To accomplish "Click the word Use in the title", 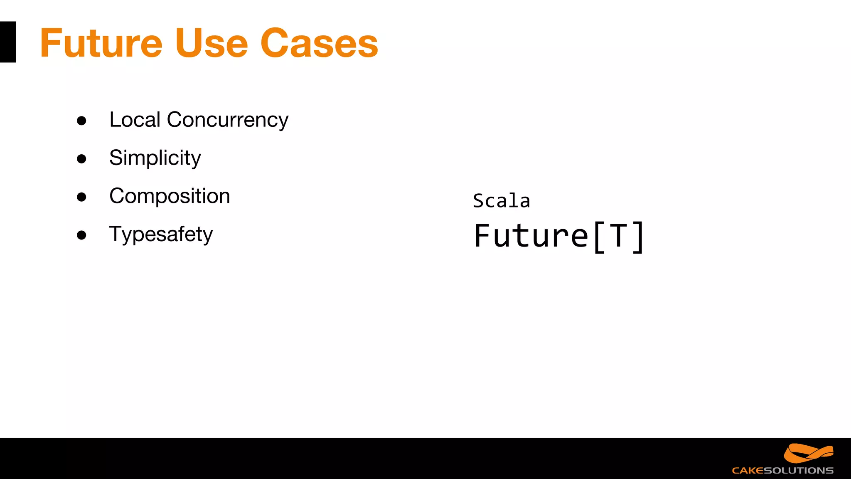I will [212, 43].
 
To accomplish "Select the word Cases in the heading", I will [319, 43].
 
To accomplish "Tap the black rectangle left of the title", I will [8, 42].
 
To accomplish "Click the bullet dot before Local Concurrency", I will [81, 121].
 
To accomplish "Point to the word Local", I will [135, 120].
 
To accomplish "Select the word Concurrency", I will [227, 121].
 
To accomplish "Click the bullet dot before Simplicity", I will [81, 159].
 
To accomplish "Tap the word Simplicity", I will [155, 158].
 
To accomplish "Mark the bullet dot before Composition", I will [81, 197].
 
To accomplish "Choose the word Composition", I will [170, 196].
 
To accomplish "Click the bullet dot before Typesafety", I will [81, 235].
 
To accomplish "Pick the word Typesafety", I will [161, 235].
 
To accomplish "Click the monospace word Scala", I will [502, 201].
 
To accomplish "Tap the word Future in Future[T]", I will [531, 236].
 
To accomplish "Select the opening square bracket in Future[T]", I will [599, 237].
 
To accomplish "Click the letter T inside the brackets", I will [618, 236].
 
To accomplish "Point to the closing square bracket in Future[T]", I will [638, 237].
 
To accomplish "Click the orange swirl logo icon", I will [808, 453].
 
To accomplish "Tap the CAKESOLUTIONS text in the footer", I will [782, 471].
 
